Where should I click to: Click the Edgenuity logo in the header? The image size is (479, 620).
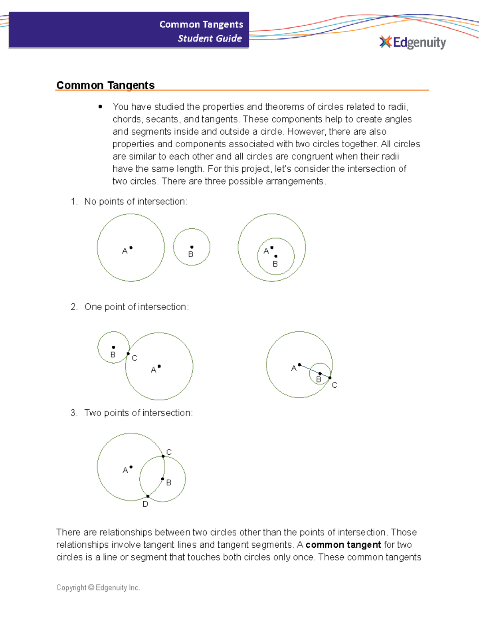[413, 42]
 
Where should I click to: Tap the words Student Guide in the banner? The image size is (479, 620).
[210, 38]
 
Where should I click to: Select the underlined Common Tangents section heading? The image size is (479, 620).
[105, 85]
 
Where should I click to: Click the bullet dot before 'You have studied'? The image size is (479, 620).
[100, 107]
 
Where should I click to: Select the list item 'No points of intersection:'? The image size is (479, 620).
[136, 202]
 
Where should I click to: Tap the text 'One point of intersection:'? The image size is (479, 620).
[137, 307]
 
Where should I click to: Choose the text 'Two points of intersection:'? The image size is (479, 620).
[138, 413]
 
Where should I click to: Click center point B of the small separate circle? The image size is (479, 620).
[192, 247]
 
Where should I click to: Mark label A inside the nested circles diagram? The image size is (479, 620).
[266, 251]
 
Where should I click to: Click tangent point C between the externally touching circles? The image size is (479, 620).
[128, 354]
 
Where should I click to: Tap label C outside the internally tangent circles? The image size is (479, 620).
[335, 385]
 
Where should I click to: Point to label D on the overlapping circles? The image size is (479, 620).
[145, 504]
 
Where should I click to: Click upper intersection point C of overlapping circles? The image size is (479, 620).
[163, 456]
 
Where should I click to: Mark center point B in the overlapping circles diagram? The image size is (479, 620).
[162, 479]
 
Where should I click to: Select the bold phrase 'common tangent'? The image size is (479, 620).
[343, 545]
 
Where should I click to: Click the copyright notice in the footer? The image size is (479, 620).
[98, 588]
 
